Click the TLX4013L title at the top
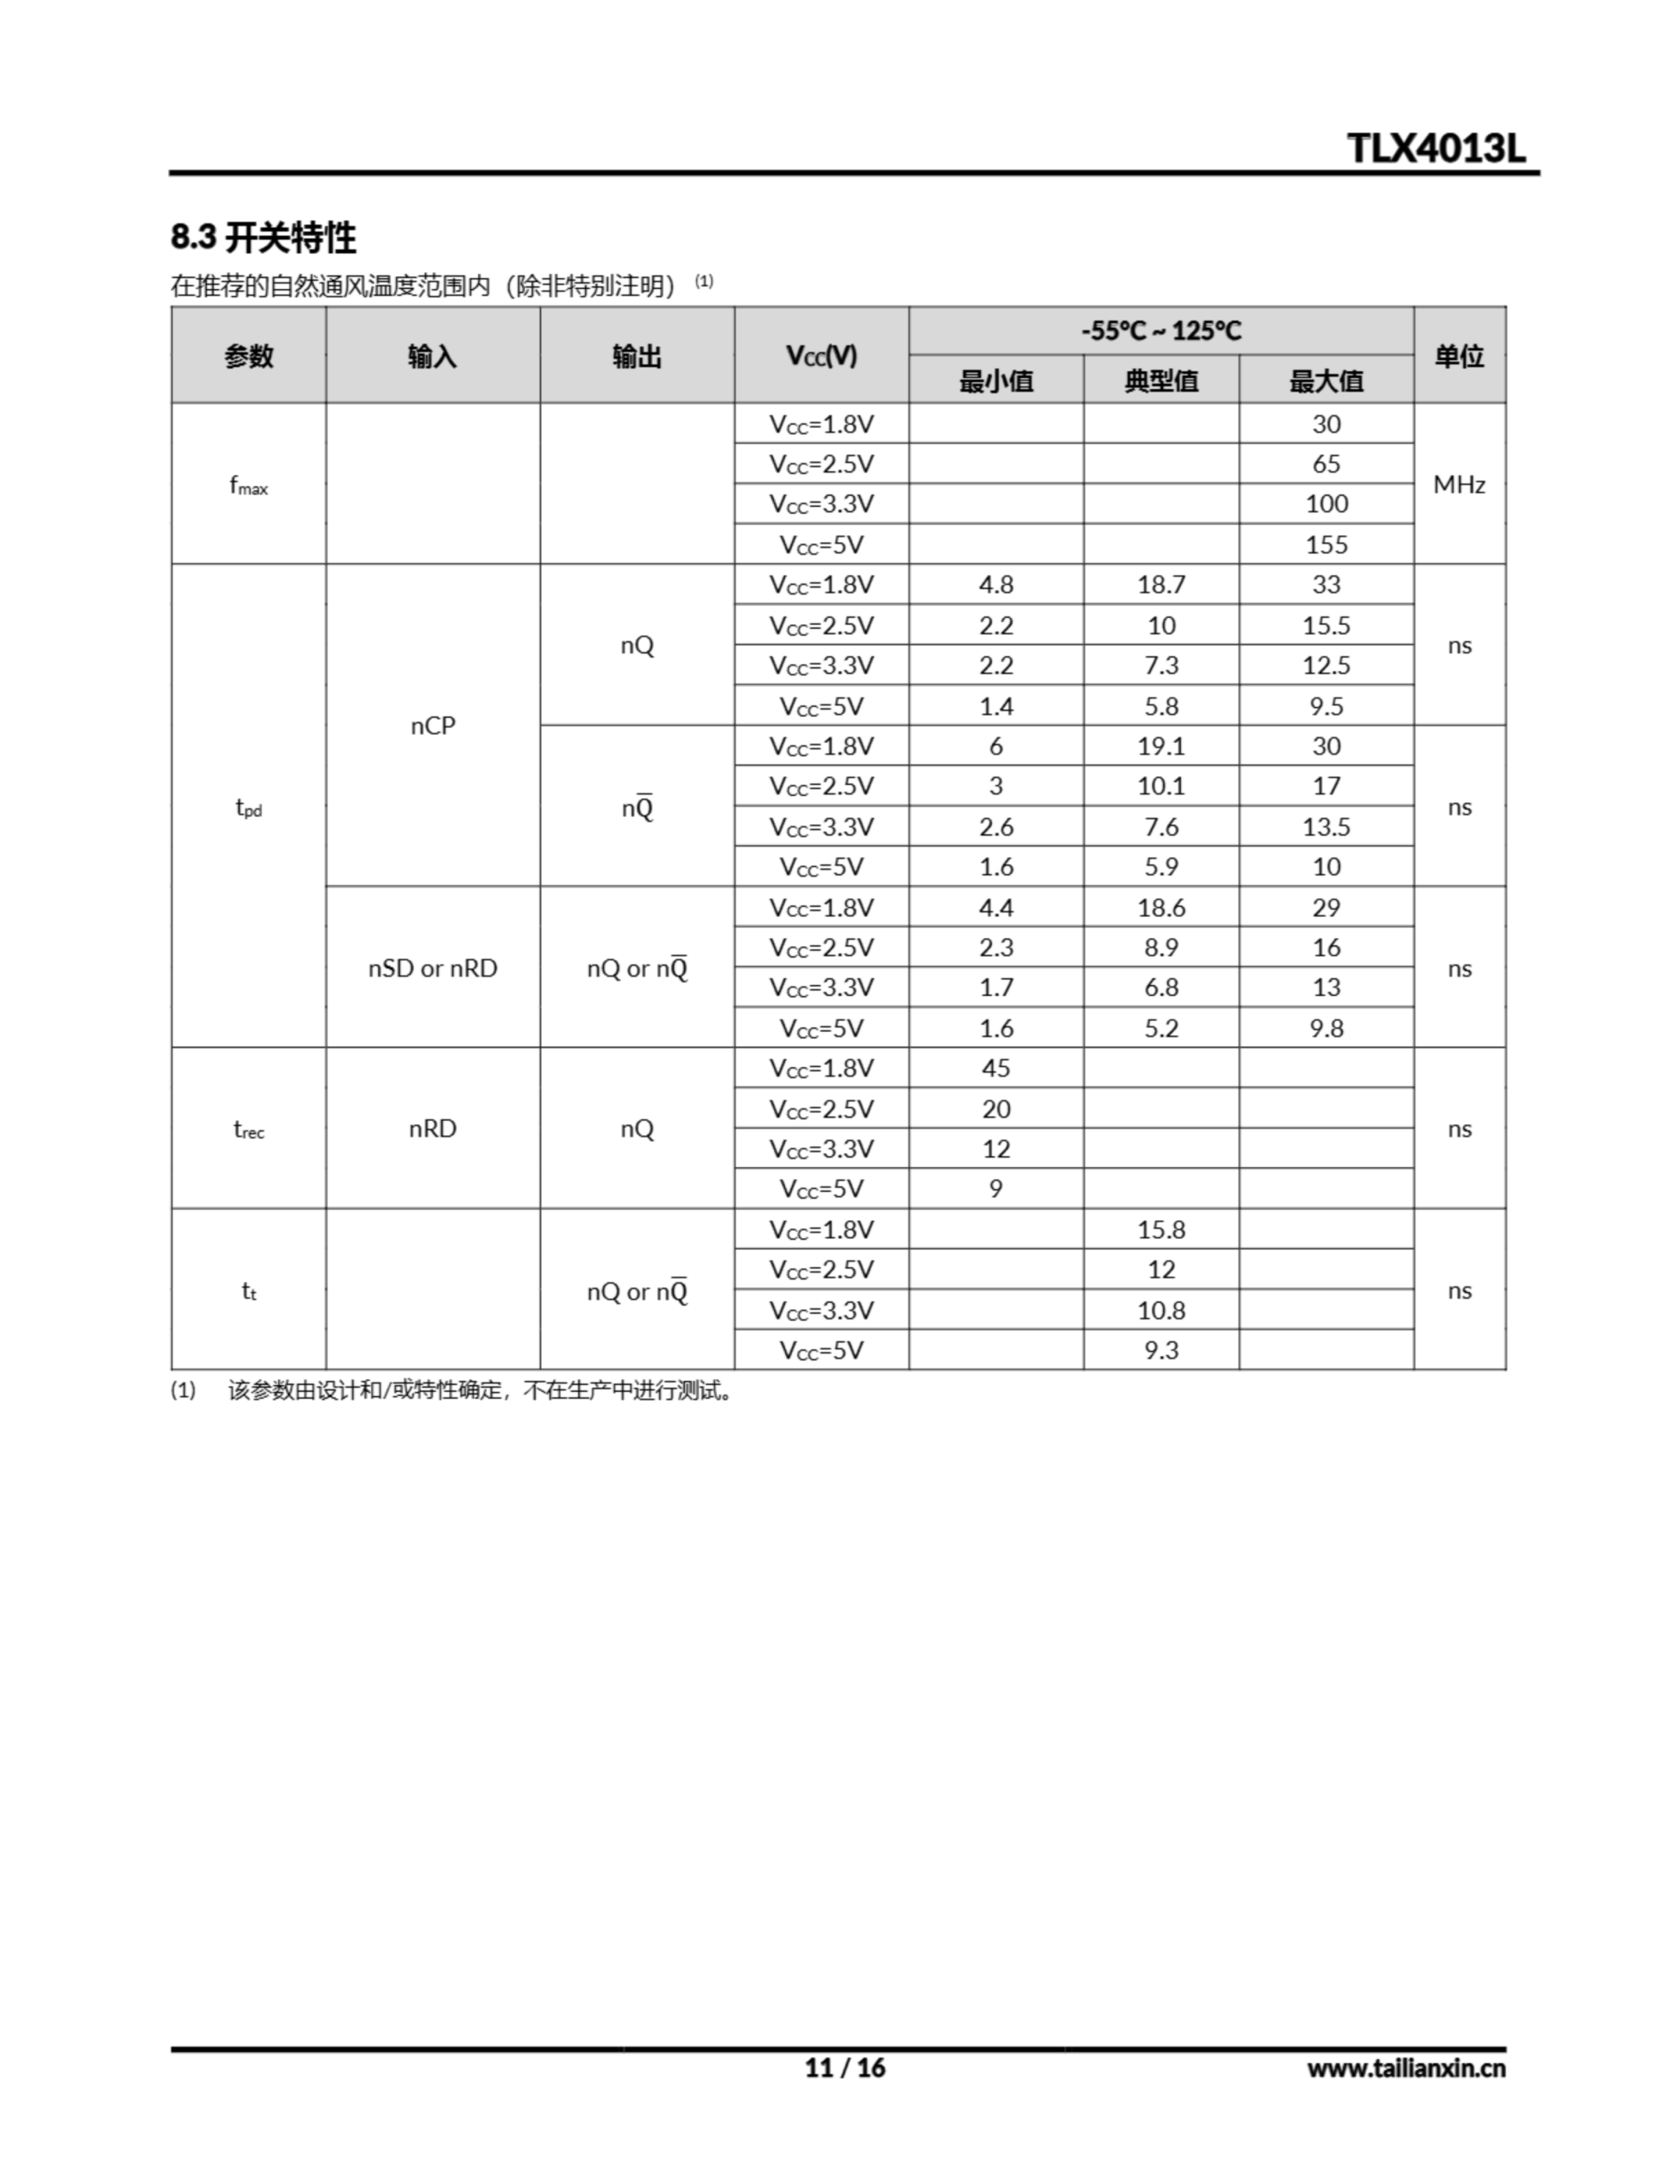[1435, 149]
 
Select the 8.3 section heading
[264, 237]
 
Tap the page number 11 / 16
[844, 2067]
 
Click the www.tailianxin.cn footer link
[1406, 2067]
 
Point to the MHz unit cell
[1458, 485]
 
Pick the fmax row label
[248, 486]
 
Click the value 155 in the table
[1326, 544]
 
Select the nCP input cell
[432, 726]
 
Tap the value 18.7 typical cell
[1161, 584]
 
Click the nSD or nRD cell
[432, 968]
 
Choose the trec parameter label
[248, 1130]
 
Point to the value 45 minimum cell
[996, 1068]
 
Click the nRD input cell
[432, 1129]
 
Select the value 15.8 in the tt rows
[1161, 1229]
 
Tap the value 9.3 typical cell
[1161, 1350]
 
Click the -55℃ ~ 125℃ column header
[1161, 331]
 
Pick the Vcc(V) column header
[821, 356]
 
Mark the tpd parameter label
[248, 808]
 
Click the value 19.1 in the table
[1161, 746]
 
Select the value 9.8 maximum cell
[1326, 1028]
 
